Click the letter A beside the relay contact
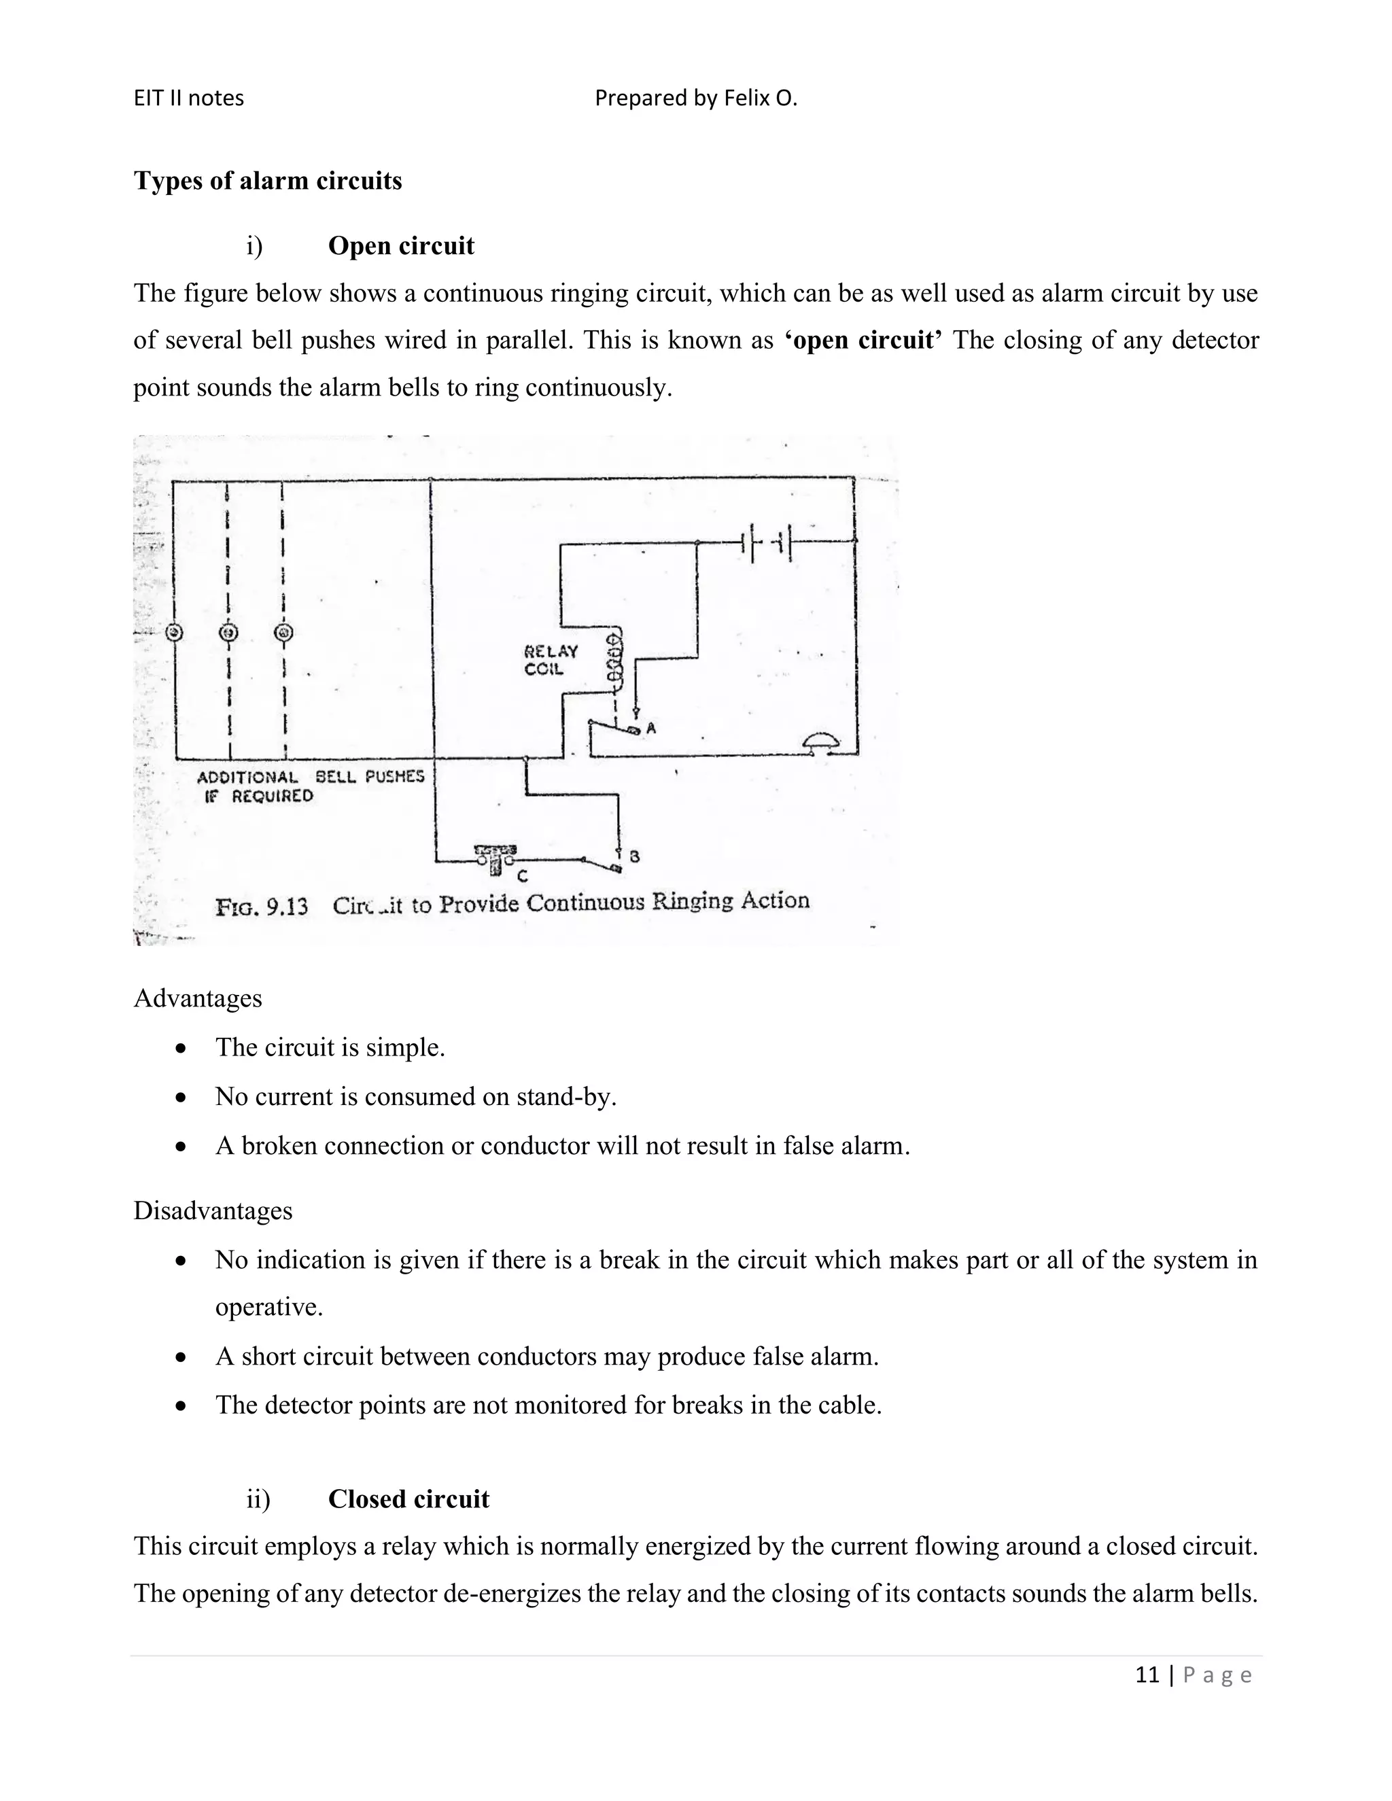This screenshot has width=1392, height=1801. [650, 728]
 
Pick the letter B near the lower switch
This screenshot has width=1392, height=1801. [634, 857]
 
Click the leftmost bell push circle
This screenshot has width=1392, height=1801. [174, 633]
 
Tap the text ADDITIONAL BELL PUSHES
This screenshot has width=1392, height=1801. [310, 777]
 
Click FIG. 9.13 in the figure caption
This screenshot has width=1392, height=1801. [262, 907]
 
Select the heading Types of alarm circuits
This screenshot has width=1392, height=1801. [268, 181]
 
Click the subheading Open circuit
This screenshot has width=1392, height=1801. [401, 246]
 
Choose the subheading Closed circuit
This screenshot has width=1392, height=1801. [408, 1499]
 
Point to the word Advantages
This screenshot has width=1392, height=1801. [198, 998]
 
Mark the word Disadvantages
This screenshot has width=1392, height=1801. [213, 1210]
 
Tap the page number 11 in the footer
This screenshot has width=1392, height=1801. [1147, 1674]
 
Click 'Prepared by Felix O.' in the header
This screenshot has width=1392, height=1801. [696, 98]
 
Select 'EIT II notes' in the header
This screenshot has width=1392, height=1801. [189, 98]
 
